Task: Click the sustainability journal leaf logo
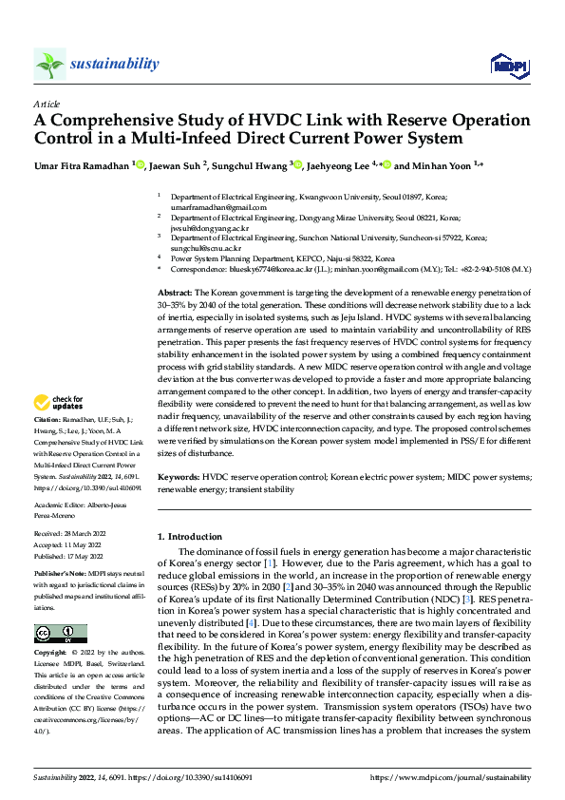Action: click(x=49, y=65)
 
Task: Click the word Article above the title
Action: click(x=47, y=104)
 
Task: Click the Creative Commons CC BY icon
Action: click(x=60, y=633)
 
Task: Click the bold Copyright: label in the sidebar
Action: click(x=52, y=655)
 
